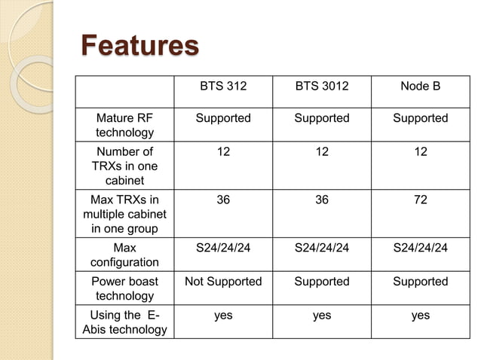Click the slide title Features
click(139, 44)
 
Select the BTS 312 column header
click(223, 87)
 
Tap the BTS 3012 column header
click(322, 87)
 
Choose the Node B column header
click(421, 87)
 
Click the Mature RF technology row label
click(124, 125)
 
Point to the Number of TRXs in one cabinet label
click(124, 166)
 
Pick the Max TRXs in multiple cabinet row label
click(124, 214)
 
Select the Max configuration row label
click(124, 255)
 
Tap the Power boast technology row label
click(124, 288)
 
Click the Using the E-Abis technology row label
click(124, 322)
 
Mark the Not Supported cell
click(223, 282)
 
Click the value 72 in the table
click(421, 200)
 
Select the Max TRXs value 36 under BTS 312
click(223, 200)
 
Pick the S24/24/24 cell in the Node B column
click(421, 248)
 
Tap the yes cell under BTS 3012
click(322, 316)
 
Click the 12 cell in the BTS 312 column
click(223, 151)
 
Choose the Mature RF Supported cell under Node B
click(421, 118)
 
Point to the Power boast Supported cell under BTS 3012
click(322, 282)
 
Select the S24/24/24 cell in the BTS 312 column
click(223, 248)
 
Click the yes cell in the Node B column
click(421, 316)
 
